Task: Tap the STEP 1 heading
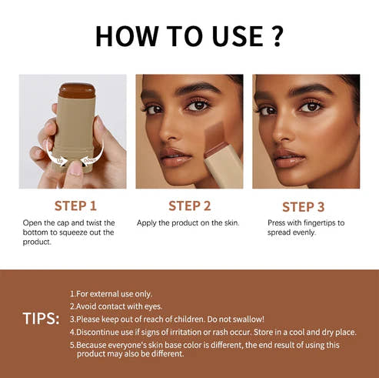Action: click(x=75, y=206)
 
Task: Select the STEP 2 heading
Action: click(x=189, y=206)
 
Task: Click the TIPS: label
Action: click(x=41, y=319)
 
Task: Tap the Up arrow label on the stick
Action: click(x=59, y=161)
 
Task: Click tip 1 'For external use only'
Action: click(x=111, y=294)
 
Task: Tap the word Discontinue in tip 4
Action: click(x=101, y=332)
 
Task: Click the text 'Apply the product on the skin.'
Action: click(x=188, y=222)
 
